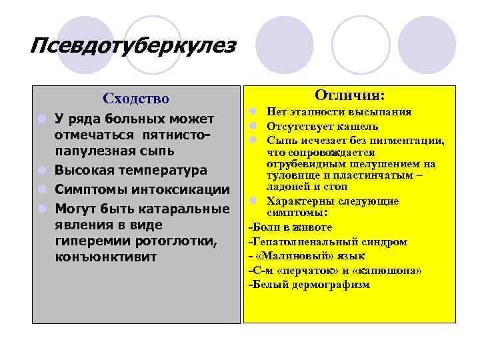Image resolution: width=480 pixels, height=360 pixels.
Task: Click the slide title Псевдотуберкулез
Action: (133, 47)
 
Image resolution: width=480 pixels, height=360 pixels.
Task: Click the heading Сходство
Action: (136, 99)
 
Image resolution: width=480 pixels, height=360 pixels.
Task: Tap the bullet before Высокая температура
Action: (42, 170)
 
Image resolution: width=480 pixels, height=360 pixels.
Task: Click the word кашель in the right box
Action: (359, 126)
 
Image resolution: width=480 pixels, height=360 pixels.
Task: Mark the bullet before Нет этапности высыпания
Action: (254, 112)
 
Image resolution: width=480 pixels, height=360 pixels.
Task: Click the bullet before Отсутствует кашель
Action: (254, 126)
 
